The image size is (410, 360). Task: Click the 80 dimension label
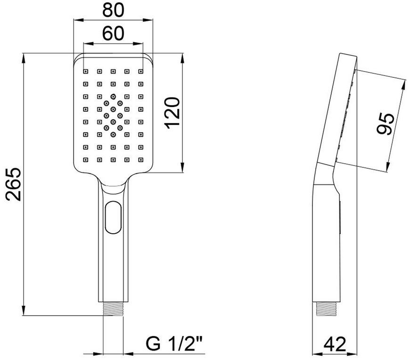click(113, 10)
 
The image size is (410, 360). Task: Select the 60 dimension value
click(113, 33)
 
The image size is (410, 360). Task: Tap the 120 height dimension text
click(172, 113)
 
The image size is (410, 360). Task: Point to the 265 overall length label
click(13, 185)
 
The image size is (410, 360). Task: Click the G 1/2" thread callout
click(174, 344)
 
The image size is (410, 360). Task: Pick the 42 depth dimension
click(335, 344)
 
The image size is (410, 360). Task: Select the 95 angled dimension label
click(385, 123)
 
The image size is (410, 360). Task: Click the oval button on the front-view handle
click(113, 217)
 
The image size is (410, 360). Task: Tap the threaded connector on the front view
click(113, 309)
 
